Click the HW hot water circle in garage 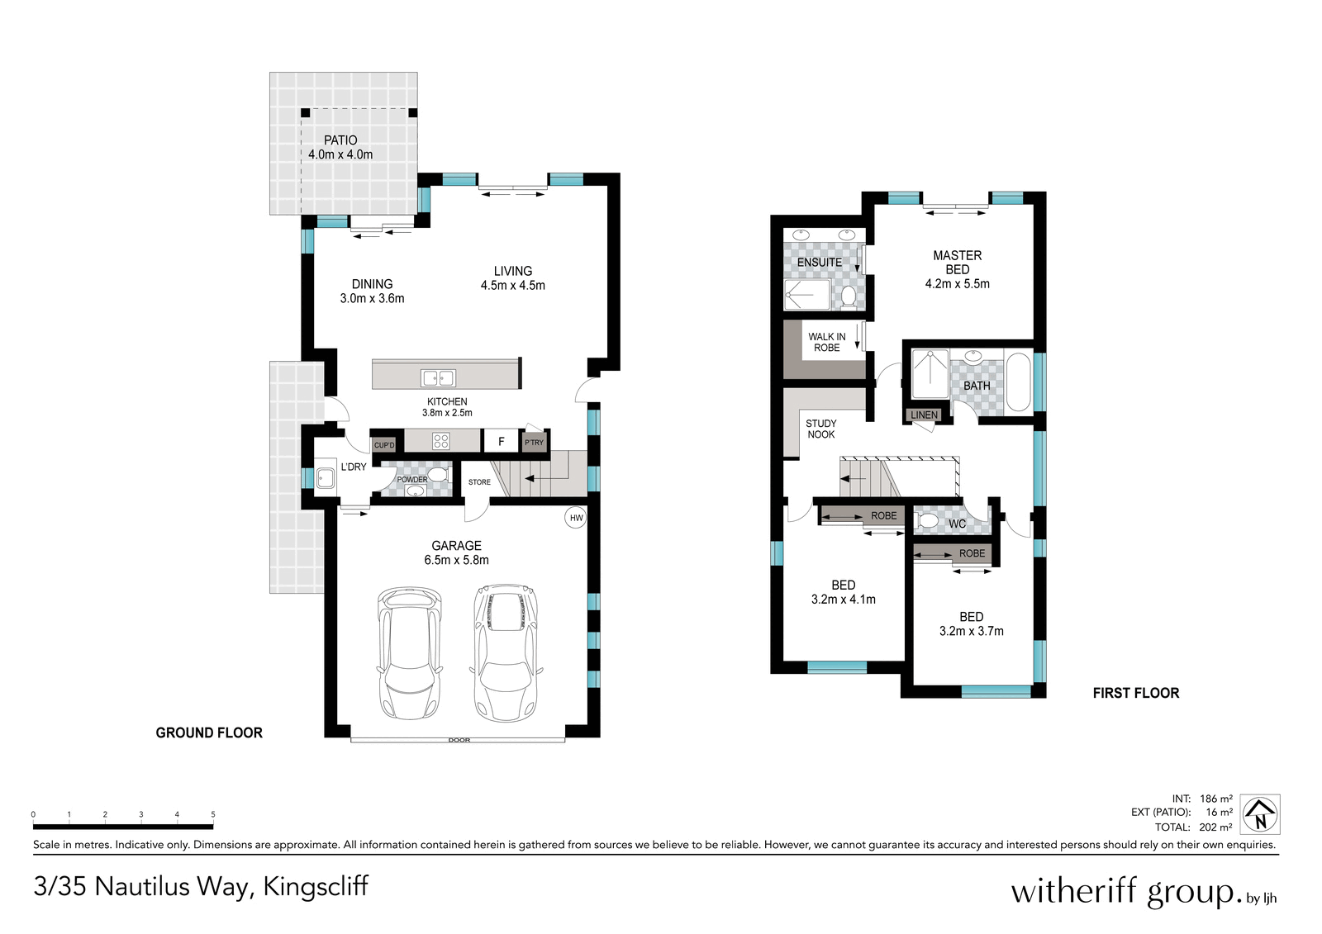[x=576, y=518]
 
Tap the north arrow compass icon [x=1260, y=814]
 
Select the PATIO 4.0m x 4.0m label [x=340, y=148]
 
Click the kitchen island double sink [x=439, y=378]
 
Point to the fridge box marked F [x=501, y=442]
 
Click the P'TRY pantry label [x=535, y=443]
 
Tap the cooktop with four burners [x=441, y=441]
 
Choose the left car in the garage [x=410, y=652]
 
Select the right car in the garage [x=506, y=652]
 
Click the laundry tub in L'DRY [x=326, y=477]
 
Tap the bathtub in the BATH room [x=1018, y=382]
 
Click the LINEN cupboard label [x=924, y=415]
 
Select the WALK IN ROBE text [x=826, y=342]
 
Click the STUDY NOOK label [x=820, y=429]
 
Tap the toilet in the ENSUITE [x=848, y=296]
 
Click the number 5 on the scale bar [x=213, y=815]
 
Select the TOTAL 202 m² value [x=1215, y=827]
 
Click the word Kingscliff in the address [x=316, y=886]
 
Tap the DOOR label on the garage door [x=459, y=740]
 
